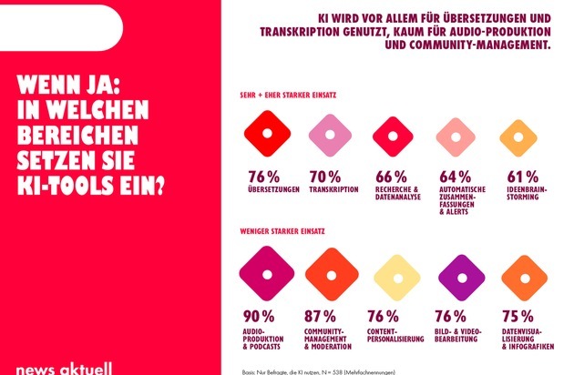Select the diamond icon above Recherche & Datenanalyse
pos(392,136)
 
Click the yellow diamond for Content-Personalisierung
pos(393,277)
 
